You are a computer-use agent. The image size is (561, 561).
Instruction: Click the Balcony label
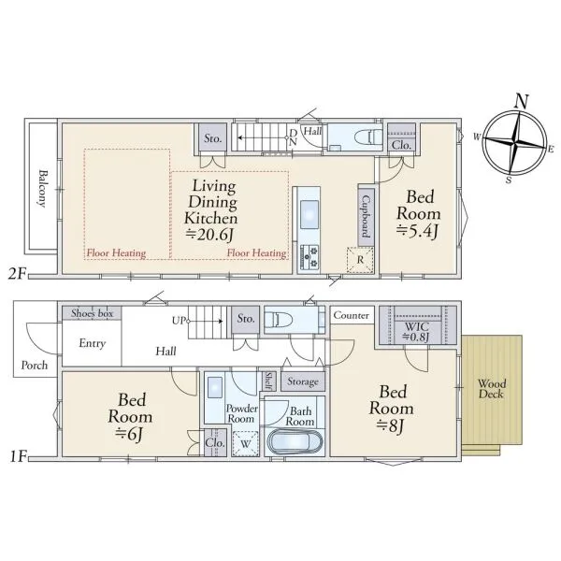pos(43,188)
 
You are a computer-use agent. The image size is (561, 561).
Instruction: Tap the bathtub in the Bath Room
pos(295,441)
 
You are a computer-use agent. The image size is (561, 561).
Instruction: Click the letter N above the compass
pos(521,101)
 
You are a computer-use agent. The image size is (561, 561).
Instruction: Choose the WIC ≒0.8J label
pos(416,331)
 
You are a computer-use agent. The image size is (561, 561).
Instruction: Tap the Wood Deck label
pos(492,389)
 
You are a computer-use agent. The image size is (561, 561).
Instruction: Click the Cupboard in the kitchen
pos(366,216)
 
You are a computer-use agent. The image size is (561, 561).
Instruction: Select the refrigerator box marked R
pos(360,260)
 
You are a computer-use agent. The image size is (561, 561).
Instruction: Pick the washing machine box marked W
pos(245,443)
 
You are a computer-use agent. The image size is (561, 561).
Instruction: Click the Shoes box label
pos(92,313)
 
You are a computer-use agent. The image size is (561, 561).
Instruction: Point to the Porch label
pos(35,366)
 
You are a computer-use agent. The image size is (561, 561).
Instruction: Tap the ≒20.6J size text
pos(209,235)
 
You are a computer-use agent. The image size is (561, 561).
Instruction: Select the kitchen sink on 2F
pos(309,215)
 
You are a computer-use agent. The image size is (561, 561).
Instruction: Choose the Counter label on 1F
pos(351,315)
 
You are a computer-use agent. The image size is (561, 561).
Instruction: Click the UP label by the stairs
pos(179,321)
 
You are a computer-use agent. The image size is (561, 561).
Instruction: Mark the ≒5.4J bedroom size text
pos(417,231)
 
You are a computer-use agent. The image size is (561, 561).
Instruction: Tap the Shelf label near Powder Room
pos(268,381)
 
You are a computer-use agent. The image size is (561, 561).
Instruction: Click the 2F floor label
pos(18,274)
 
